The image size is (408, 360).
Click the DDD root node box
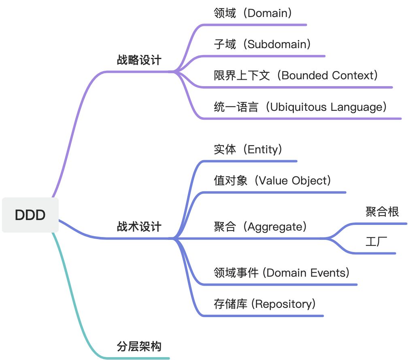click(30, 215)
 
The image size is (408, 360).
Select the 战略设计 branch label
click(139, 61)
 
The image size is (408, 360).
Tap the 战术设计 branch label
click(139, 227)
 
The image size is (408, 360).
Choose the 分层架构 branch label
click(139, 347)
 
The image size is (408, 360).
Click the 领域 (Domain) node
click(253, 13)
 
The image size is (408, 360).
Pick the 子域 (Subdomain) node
click(262, 44)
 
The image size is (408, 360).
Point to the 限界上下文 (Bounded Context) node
click(296, 75)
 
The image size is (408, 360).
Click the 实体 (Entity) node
click(248, 150)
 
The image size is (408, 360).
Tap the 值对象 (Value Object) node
click(272, 180)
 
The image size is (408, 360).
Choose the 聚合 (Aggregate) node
click(260, 227)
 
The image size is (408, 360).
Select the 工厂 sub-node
click(376, 242)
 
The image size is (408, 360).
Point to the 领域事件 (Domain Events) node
click(281, 273)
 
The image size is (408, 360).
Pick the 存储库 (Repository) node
click(264, 304)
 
